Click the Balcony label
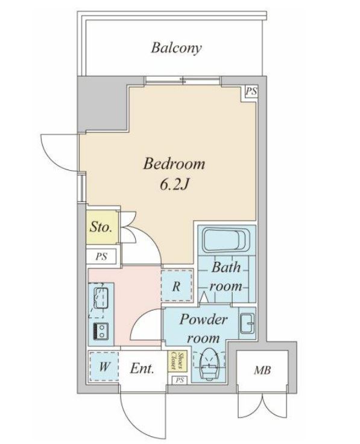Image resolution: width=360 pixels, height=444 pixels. point(176,48)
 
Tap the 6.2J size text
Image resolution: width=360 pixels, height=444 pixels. point(174,185)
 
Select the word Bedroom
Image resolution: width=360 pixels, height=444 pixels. point(174,163)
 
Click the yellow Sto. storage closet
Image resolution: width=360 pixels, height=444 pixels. point(102,227)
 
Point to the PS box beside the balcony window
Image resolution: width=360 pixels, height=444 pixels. point(251,92)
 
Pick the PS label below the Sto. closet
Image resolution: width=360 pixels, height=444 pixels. point(101,256)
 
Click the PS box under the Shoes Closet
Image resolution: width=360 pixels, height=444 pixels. point(180,380)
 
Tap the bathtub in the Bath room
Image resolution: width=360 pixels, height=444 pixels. point(226,241)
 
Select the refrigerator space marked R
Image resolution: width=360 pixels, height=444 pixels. point(177,285)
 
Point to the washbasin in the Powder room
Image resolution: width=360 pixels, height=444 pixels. point(247,323)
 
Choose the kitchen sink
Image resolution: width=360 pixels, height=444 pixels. point(101,298)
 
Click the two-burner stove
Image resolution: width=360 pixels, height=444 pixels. point(101,331)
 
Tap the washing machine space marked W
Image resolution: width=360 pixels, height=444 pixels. point(104,366)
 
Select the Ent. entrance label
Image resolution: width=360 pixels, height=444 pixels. point(142,369)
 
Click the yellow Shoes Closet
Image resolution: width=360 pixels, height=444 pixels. point(177,361)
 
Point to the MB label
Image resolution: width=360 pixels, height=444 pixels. point(262,370)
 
